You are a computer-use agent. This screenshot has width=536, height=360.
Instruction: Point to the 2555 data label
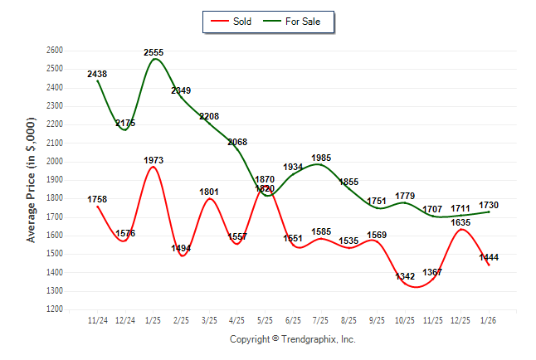[x=153, y=52]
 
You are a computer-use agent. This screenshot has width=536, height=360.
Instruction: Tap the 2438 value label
[x=97, y=75]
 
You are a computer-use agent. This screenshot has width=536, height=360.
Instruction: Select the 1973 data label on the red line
[x=153, y=160]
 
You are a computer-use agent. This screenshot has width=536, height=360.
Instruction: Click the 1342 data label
[x=404, y=276]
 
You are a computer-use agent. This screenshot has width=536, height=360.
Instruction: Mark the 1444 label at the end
[x=489, y=258]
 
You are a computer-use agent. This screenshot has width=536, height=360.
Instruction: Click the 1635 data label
[x=460, y=222]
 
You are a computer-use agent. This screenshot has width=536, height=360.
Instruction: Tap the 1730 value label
[x=489, y=205]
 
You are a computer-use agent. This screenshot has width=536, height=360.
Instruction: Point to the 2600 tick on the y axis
[x=55, y=51]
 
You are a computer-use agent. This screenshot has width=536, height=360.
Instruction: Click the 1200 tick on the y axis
[x=55, y=309]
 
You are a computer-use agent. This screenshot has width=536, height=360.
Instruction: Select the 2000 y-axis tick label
[x=55, y=162]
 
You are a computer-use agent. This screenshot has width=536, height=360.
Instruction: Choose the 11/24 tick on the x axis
[x=97, y=319]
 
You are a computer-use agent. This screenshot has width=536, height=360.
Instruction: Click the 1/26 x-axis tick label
[x=489, y=319]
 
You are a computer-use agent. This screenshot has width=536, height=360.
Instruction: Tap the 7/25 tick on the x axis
[x=321, y=319]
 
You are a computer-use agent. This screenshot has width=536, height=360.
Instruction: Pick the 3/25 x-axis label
[x=209, y=319]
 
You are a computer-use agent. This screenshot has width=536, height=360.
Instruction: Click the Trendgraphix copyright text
[x=292, y=339]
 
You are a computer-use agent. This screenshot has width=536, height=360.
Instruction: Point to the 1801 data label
[x=209, y=192]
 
